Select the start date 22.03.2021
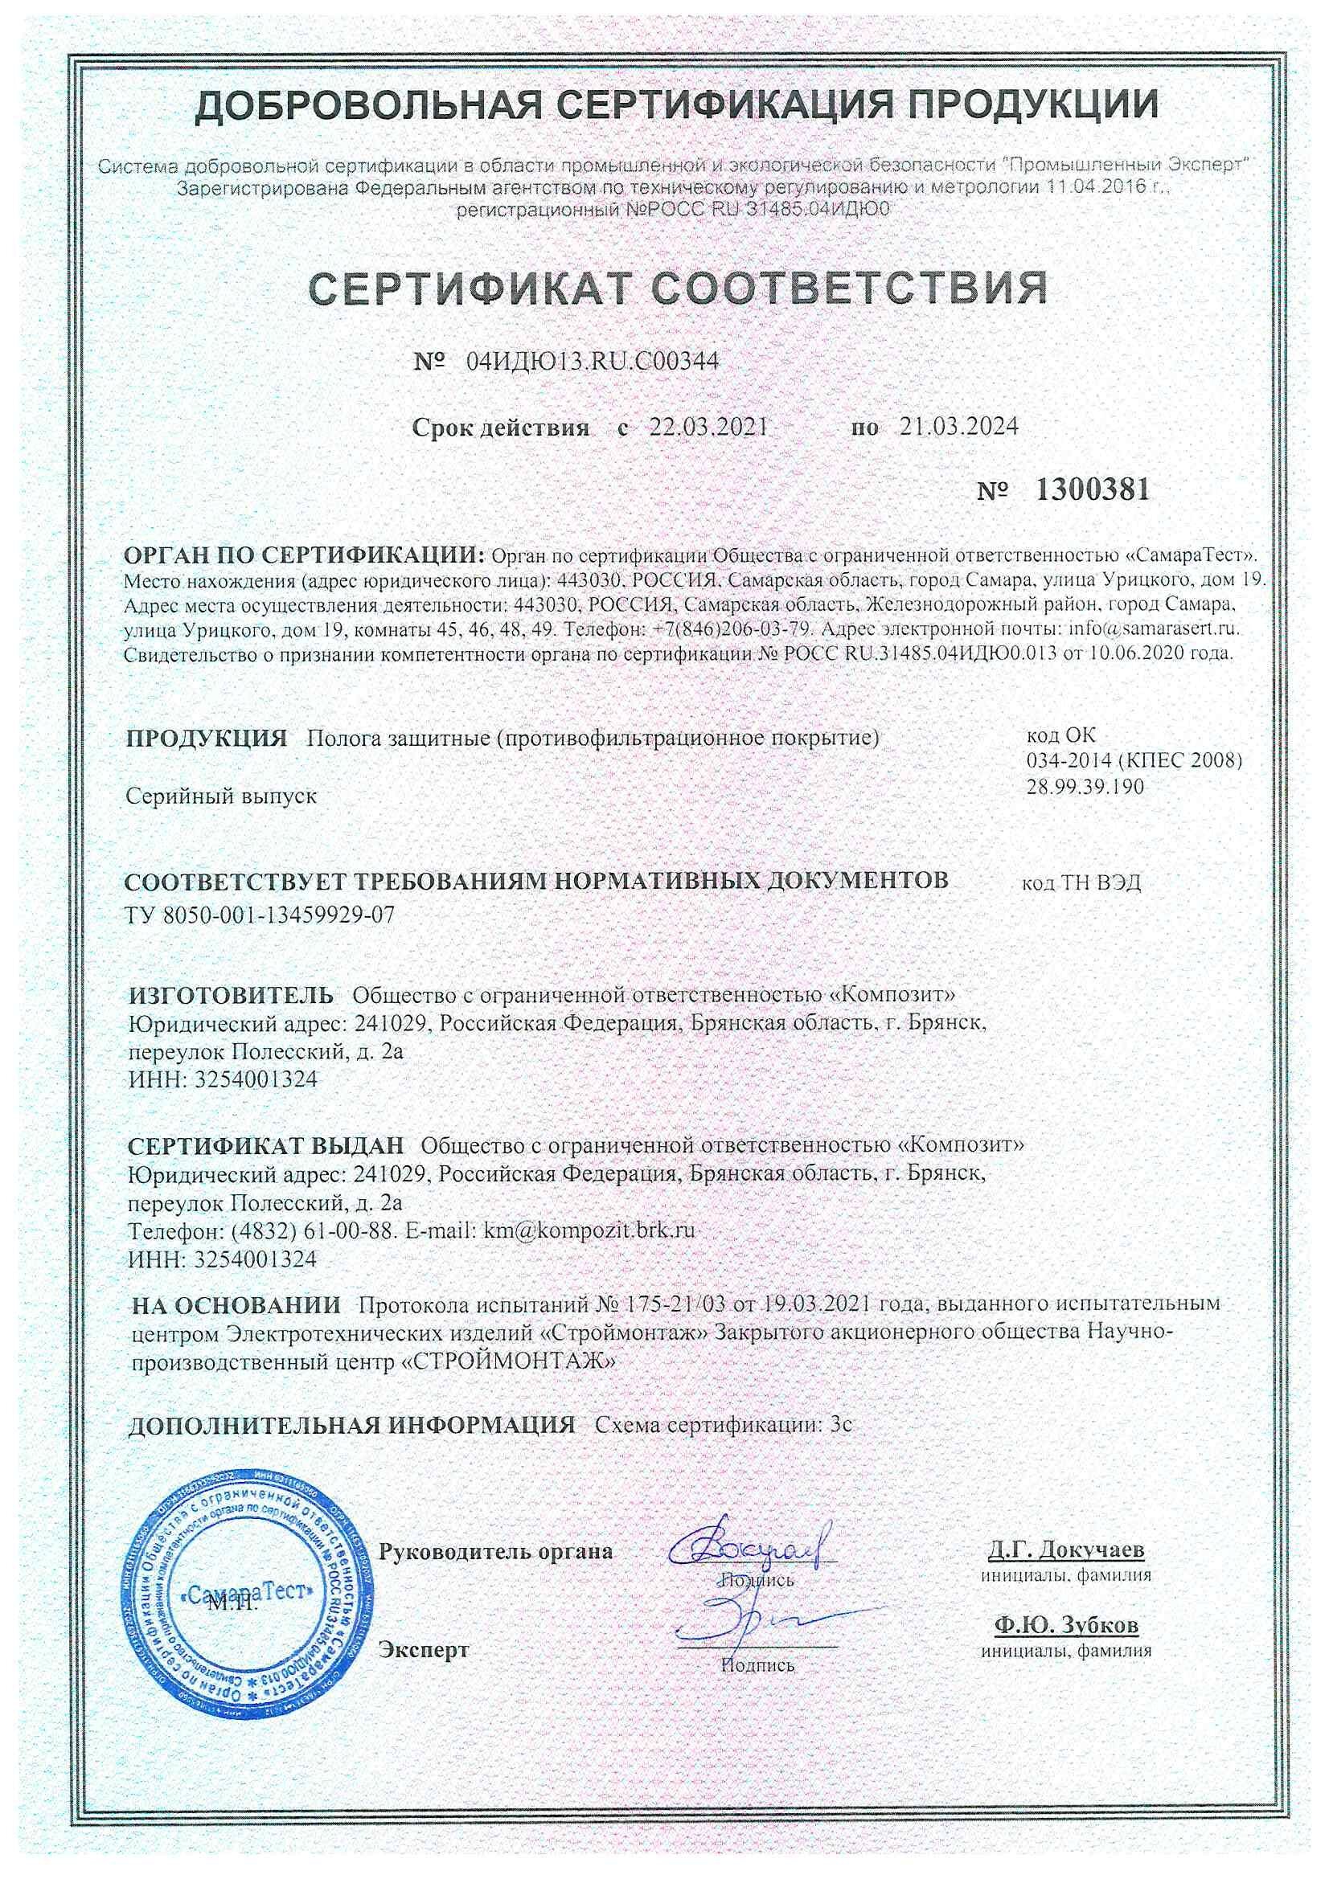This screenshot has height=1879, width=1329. point(708,427)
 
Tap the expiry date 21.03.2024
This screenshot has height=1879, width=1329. point(959,427)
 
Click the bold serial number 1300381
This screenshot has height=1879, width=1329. point(1093,490)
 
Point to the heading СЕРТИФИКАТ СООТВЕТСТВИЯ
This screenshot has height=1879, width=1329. point(678,287)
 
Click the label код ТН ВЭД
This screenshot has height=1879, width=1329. point(1081,883)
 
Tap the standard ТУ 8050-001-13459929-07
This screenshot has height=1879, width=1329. point(260,915)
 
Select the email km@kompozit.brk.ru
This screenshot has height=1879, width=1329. point(589,1230)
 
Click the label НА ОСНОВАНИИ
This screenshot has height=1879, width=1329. point(236,1304)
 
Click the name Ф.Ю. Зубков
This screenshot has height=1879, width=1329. point(1066,1623)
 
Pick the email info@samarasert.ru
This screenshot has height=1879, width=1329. point(1154,630)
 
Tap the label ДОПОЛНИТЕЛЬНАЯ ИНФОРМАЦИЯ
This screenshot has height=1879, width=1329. point(352,1425)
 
